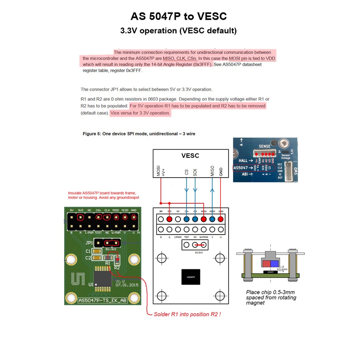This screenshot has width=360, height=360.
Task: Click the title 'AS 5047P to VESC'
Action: point(179,17)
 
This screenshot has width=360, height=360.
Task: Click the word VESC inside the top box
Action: point(190,156)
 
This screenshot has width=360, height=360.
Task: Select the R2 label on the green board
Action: point(117,268)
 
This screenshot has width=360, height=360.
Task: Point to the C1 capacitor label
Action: point(88,251)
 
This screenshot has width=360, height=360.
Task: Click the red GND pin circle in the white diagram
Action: point(221,219)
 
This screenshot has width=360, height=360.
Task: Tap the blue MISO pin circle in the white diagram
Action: point(212,219)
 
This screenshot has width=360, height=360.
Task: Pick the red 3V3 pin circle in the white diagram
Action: point(169,219)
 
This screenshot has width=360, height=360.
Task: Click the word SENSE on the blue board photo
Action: point(264,146)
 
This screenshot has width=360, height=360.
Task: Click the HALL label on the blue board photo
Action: point(243,161)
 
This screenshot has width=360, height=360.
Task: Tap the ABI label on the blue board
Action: point(243,175)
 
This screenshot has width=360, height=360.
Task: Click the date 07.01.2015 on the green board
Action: point(127,284)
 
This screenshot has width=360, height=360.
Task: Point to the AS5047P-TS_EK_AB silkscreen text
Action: point(102,300)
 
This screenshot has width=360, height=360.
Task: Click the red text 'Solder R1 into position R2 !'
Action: point(187,314)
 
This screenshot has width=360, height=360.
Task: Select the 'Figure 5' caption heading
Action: point(139,134)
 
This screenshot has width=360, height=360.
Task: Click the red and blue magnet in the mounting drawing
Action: point(270,263)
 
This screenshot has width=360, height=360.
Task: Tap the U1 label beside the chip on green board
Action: point(91,284)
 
